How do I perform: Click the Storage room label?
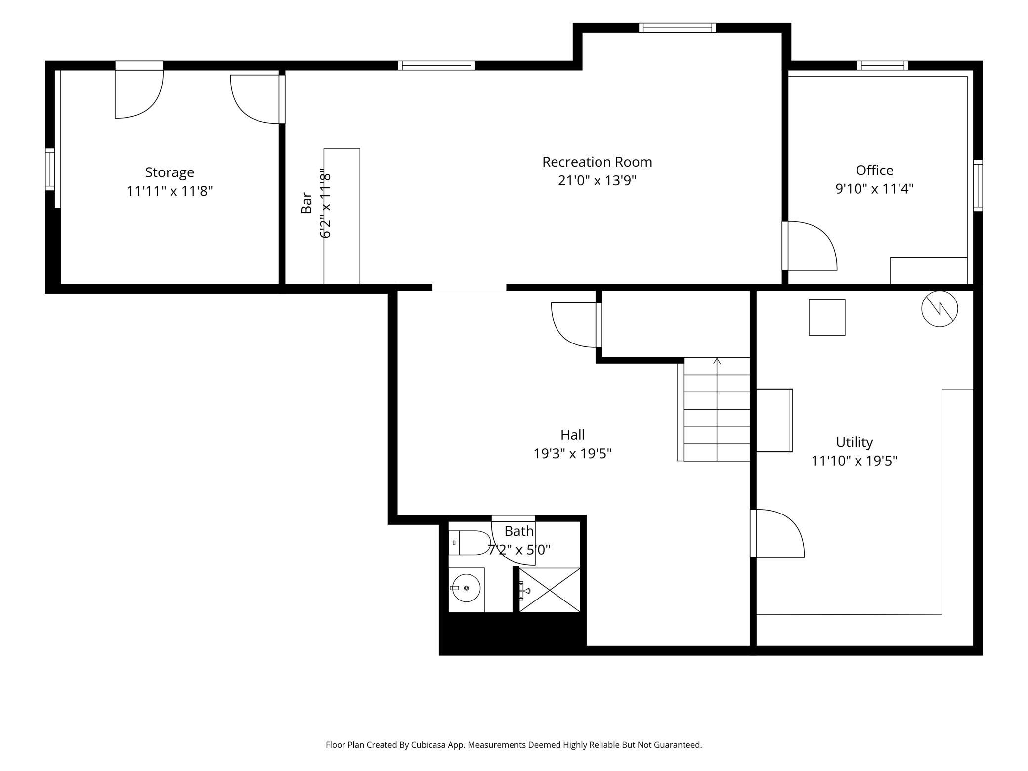point(170,172)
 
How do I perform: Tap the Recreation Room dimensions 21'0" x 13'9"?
point(597,181)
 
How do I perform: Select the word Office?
point(874,171)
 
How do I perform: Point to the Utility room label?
point(854,442)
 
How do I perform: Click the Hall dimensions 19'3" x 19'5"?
point(572,453)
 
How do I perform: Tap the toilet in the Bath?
point(469,543)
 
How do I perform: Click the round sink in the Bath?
point(466,588)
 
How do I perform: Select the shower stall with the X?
point(549,590)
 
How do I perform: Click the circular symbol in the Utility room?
point(940,309)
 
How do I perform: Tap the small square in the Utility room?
point(827,317)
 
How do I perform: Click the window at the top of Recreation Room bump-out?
point(677,28)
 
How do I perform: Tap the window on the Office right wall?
point(978,185)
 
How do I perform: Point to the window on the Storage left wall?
point(50,169)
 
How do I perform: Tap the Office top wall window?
point(883,65)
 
